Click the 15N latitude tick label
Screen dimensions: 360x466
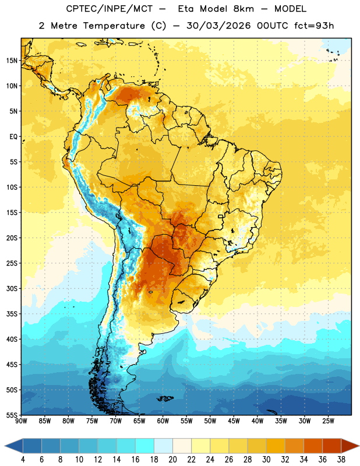(x=12, y=61)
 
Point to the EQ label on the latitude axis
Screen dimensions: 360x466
(x=13, y=137)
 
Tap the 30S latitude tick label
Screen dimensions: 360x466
(x=12, y=288)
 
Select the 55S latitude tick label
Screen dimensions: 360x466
(x=12, y=415)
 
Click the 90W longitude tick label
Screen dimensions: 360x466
(x=21, y=421)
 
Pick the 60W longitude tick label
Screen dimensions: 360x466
(x=163, y=421)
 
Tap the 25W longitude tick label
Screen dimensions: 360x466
(x=328, y=421)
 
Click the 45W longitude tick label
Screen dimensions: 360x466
(x=234, y=421)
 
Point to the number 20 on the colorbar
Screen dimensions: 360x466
(x=172, y=460)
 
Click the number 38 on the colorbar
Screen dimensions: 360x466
(x=341, y=460)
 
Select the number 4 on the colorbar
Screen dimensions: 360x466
(x=23, y=460)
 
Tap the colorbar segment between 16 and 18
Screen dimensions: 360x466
(x=145, y=446)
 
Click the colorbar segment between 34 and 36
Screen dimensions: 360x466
(x=313, y=446)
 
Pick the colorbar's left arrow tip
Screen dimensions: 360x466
(x=5, y=446)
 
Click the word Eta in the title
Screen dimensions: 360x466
(x=186, y=9)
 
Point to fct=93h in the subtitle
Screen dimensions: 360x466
(x=314, y=26)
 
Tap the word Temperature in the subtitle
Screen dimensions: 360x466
(x=114, y=26)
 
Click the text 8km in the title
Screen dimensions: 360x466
(x=243, y=9)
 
